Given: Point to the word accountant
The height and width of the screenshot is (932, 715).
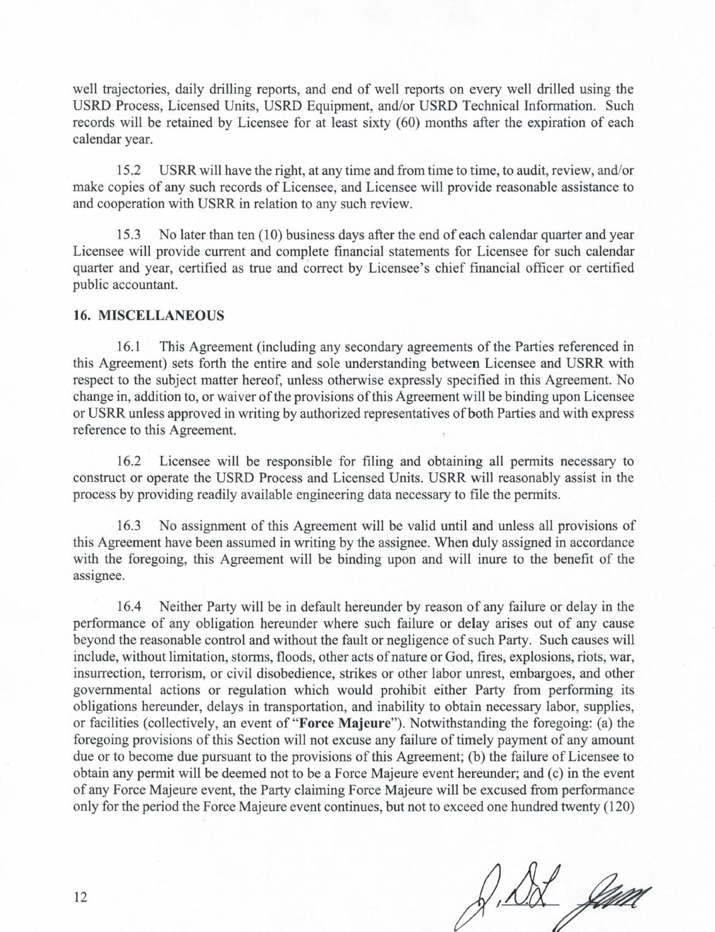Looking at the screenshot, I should tap(145, 285).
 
